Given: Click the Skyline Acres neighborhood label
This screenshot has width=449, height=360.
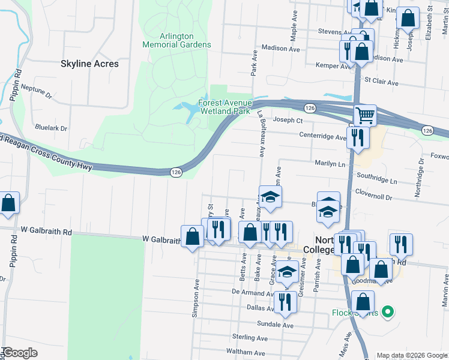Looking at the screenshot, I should [90, 64].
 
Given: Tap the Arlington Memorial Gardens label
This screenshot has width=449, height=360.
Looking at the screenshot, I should [176, 40].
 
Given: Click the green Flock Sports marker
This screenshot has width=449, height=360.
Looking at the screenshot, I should [388, 312].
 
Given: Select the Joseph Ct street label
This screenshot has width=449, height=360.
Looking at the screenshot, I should [287, 120].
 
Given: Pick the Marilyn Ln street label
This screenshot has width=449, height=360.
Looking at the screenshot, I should [330, 163].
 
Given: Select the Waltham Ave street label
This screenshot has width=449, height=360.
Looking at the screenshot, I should [247, 351].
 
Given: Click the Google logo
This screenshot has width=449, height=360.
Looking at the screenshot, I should [20, 353].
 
